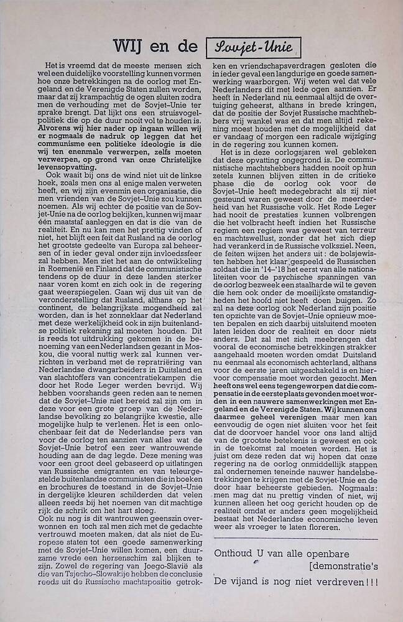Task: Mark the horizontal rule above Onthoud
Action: click(x=295, y=538)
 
